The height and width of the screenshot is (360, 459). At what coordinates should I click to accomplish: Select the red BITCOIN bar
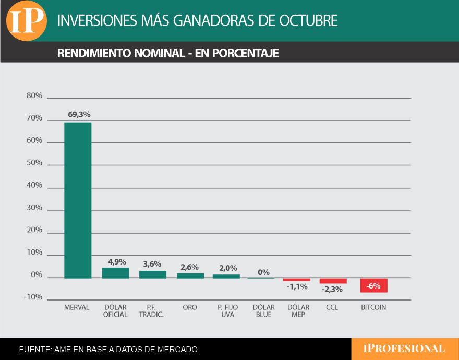click(373, 285)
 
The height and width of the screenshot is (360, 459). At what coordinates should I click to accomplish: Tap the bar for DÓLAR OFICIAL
click(115, 273)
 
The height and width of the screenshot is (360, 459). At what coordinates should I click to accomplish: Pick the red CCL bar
click(333, 281)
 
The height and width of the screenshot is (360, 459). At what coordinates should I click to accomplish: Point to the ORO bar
click(190, 275)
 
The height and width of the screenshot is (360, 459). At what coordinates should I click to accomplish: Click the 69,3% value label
click(78, 114)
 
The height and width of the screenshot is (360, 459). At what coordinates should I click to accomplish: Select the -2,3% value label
click(332, 289)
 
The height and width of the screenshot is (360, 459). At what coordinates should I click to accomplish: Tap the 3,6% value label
click(152, 264)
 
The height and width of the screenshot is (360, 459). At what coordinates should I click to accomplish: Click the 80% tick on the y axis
click(34, 96)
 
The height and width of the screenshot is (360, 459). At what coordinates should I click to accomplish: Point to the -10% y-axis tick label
click(33, 297)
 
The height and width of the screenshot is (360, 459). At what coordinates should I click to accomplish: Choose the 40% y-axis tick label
click(34, 185)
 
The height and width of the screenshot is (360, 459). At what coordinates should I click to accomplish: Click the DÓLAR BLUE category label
click(263, 311)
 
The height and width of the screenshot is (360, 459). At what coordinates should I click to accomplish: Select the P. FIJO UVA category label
click(227, 311)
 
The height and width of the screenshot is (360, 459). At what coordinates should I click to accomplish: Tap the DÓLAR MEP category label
click(298, 311)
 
